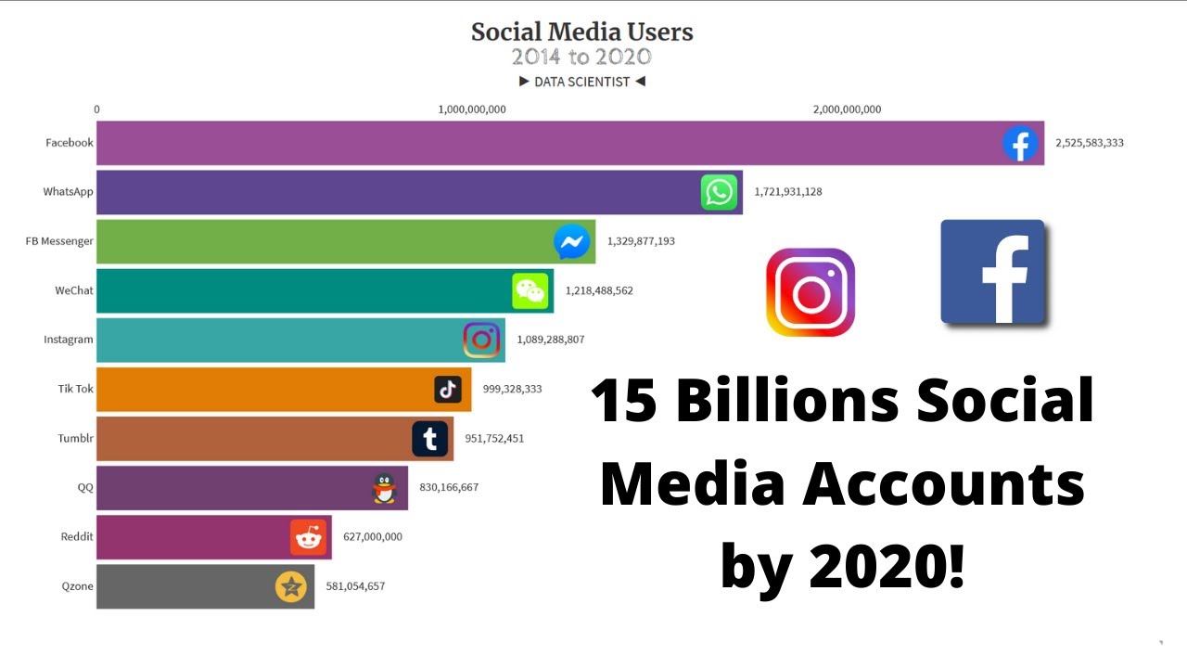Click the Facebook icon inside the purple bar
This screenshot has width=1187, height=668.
[1019, 144]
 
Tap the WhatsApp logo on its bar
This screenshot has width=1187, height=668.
[719, 192]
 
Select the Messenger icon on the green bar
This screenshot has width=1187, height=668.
[572, 241]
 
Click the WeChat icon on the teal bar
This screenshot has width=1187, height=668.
[530, 290]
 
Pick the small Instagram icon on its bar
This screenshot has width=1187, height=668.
[481, 340]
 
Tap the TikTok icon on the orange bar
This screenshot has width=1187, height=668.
[448, 389]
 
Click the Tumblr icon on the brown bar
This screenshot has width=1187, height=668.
[429, 439]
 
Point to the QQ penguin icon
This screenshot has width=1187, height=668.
[384, 487]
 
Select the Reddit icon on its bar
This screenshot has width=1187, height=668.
[308, 536]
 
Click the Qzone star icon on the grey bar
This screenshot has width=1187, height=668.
[291, 586]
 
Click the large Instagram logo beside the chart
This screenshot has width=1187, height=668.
[810, 292]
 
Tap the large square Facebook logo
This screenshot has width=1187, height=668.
[993, 272]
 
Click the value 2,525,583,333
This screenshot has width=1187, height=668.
[1090, 143]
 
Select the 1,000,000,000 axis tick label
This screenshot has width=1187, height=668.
[472, 109]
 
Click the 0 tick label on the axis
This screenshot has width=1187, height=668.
[96, 109]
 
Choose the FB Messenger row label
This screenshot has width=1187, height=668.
[59, 241]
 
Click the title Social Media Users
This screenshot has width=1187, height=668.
[581, 32]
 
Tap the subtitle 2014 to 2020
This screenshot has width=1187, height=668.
[581, 58]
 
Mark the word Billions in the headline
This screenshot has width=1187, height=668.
[787, 402]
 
